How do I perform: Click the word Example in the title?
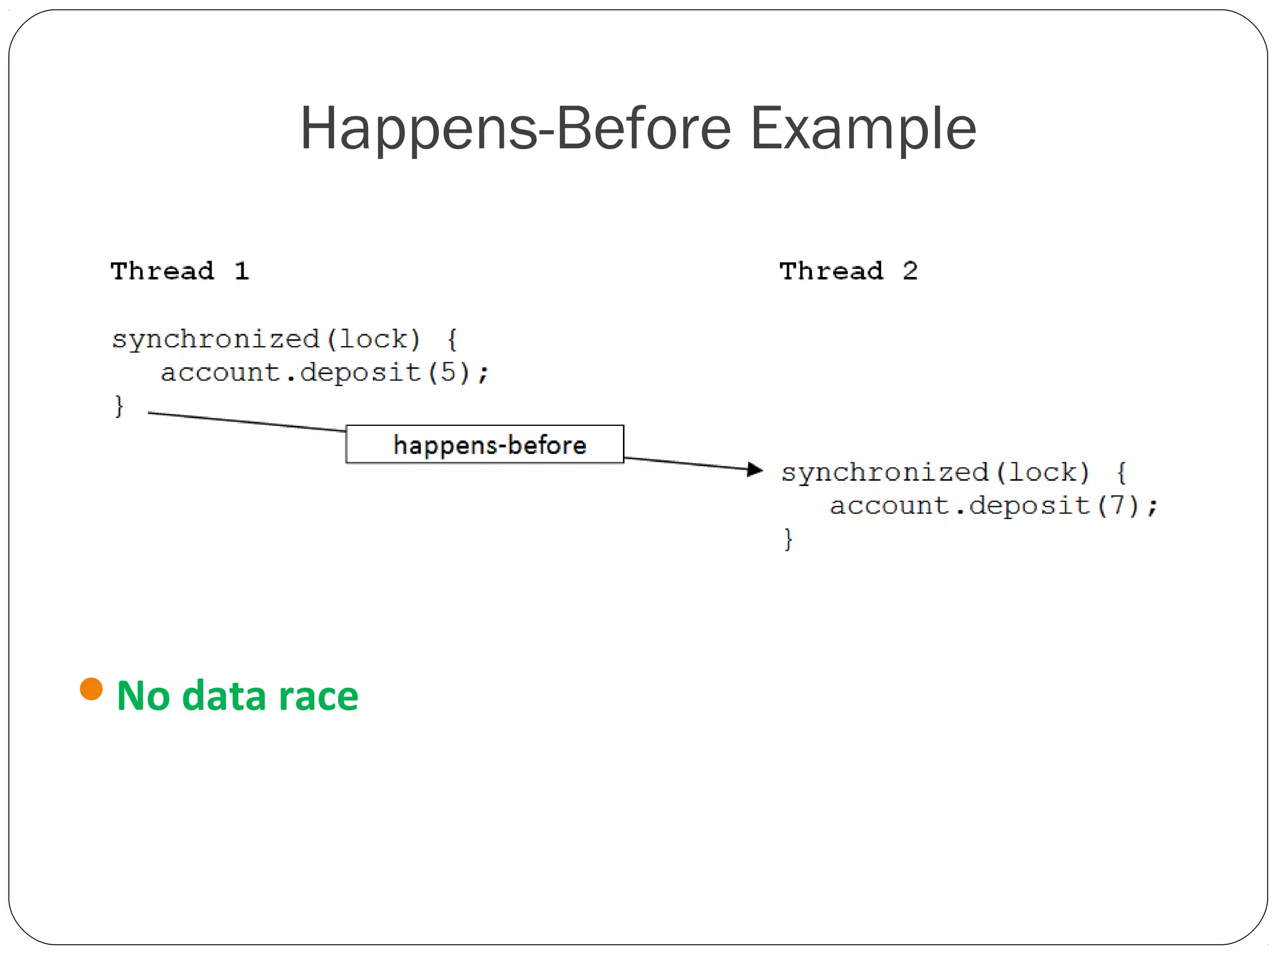pyautogui.click(x=863, y=128)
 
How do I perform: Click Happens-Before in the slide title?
pyautogui.click(x=515, y=128)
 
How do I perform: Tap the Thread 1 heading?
pyautogui.click(x=180, y=271)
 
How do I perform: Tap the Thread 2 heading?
pyautogui.click(x=848, y=271)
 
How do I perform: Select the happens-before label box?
pyautogui.click(x=484, y=445)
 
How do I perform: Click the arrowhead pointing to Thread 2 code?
pyautogui.click(x=755, y=469)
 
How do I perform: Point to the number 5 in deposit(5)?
pyautogui.click(x=448, y=372)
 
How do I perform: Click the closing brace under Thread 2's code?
pyautogui.click(x=788, y=538)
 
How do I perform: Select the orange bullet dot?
pyautogui.click(x=91, y=689)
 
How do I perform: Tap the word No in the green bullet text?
pyautogui.click(x=143, y=696)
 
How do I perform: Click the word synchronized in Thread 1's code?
pyautogui.click(x=216, y=340)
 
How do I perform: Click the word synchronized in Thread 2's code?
pyautogui.click(x=885, y=473)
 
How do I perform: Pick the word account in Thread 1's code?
pyautogui.click(x=220, y=373)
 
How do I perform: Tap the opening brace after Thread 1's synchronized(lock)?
pyautogui.click(x=453, y=340)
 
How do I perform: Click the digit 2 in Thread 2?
pyautogui.click(x=910, y=271)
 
